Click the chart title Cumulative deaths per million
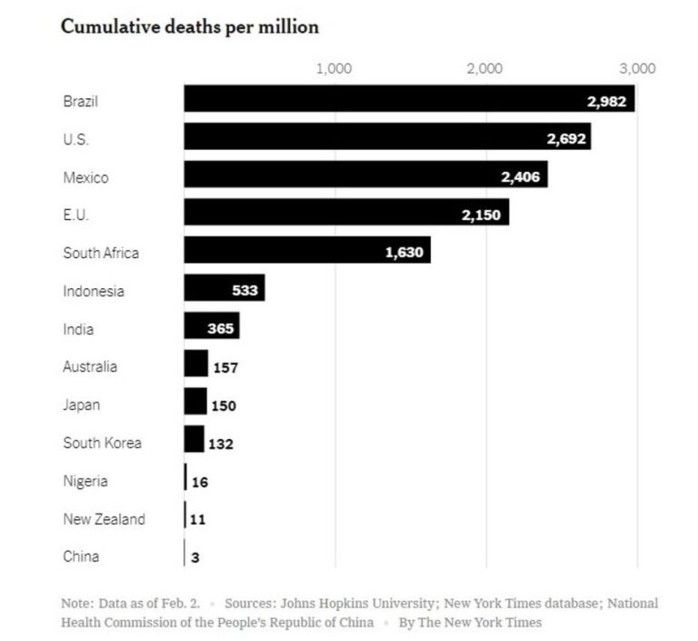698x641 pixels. pos(189,27)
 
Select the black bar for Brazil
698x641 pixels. pos(382,99)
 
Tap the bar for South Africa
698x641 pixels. pos(282,251)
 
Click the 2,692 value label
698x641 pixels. pos(566,138)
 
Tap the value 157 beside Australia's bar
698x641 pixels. pos(224,368)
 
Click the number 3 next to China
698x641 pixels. pos(194,557)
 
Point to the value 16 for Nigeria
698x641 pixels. pos(199,482)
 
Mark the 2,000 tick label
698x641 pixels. pos(484,69)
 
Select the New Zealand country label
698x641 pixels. pos(104,519)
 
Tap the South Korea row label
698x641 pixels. pos(102,444)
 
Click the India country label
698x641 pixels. pos(78,329)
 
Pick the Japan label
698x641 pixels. pos(82,406)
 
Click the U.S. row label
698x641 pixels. pos(76,140)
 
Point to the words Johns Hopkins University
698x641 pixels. pos(371,603)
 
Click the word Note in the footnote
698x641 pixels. pos(75,603)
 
